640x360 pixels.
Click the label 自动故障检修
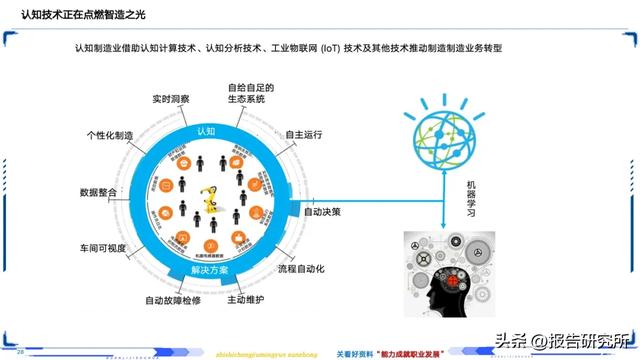[x=173, y=299]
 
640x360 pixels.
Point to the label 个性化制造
[x=110, y=135]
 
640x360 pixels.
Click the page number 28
[x=21, y=351]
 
